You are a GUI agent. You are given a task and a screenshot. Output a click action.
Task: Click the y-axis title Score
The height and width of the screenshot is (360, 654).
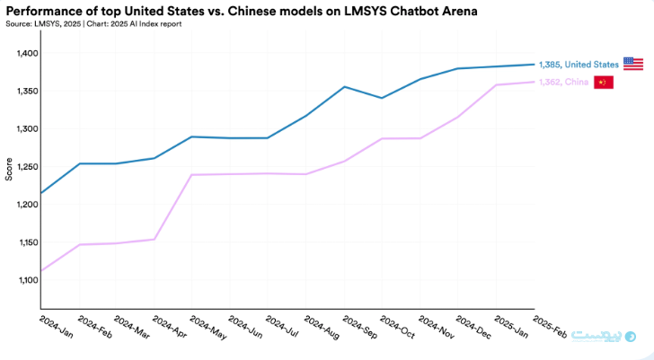coord(9,167)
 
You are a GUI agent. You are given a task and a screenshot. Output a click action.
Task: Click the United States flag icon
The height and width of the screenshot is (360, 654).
coord(633,64)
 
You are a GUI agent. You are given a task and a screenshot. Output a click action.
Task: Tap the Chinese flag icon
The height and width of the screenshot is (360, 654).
coord(603,83)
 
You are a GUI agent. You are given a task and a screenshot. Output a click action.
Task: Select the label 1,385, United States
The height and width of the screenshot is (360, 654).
coord(579,65)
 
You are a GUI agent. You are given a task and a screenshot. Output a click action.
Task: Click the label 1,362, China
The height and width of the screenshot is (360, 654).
coord(563,83)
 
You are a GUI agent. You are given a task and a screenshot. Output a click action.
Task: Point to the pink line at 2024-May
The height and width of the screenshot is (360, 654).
coord(192,175)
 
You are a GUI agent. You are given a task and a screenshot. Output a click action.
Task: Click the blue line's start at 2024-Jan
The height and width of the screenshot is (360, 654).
coord(41,193)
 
